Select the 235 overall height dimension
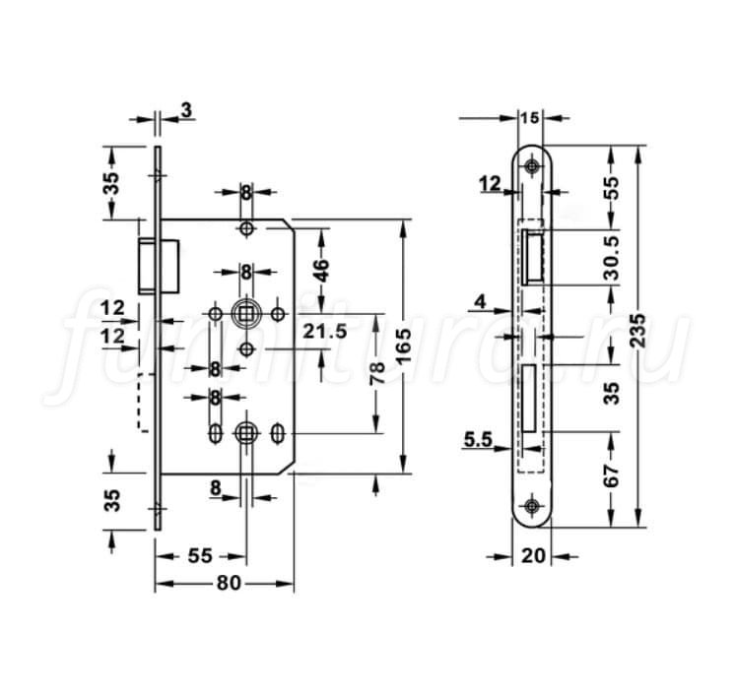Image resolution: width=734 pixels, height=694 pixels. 637,331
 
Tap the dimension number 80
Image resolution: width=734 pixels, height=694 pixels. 228,583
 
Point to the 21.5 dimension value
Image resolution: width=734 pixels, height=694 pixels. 324,331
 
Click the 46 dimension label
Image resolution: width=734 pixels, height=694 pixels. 322,270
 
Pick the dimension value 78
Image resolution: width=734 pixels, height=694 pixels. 376,373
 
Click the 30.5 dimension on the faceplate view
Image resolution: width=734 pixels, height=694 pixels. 611,258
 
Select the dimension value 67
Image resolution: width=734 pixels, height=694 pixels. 611,475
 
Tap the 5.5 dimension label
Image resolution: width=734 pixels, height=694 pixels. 478,440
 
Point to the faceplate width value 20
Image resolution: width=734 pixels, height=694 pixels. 533,555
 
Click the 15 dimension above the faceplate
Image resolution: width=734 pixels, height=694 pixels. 530,117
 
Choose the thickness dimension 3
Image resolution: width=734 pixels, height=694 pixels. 186,110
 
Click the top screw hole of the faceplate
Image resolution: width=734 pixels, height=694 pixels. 531,165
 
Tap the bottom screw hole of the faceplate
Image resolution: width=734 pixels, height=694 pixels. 531,505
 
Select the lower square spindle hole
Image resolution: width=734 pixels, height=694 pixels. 245,433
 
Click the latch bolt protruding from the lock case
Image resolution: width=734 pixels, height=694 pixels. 159,266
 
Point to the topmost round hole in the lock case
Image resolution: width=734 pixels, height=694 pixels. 246,228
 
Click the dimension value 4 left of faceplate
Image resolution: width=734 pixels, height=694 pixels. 480,302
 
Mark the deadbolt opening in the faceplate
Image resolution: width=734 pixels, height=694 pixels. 530,398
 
